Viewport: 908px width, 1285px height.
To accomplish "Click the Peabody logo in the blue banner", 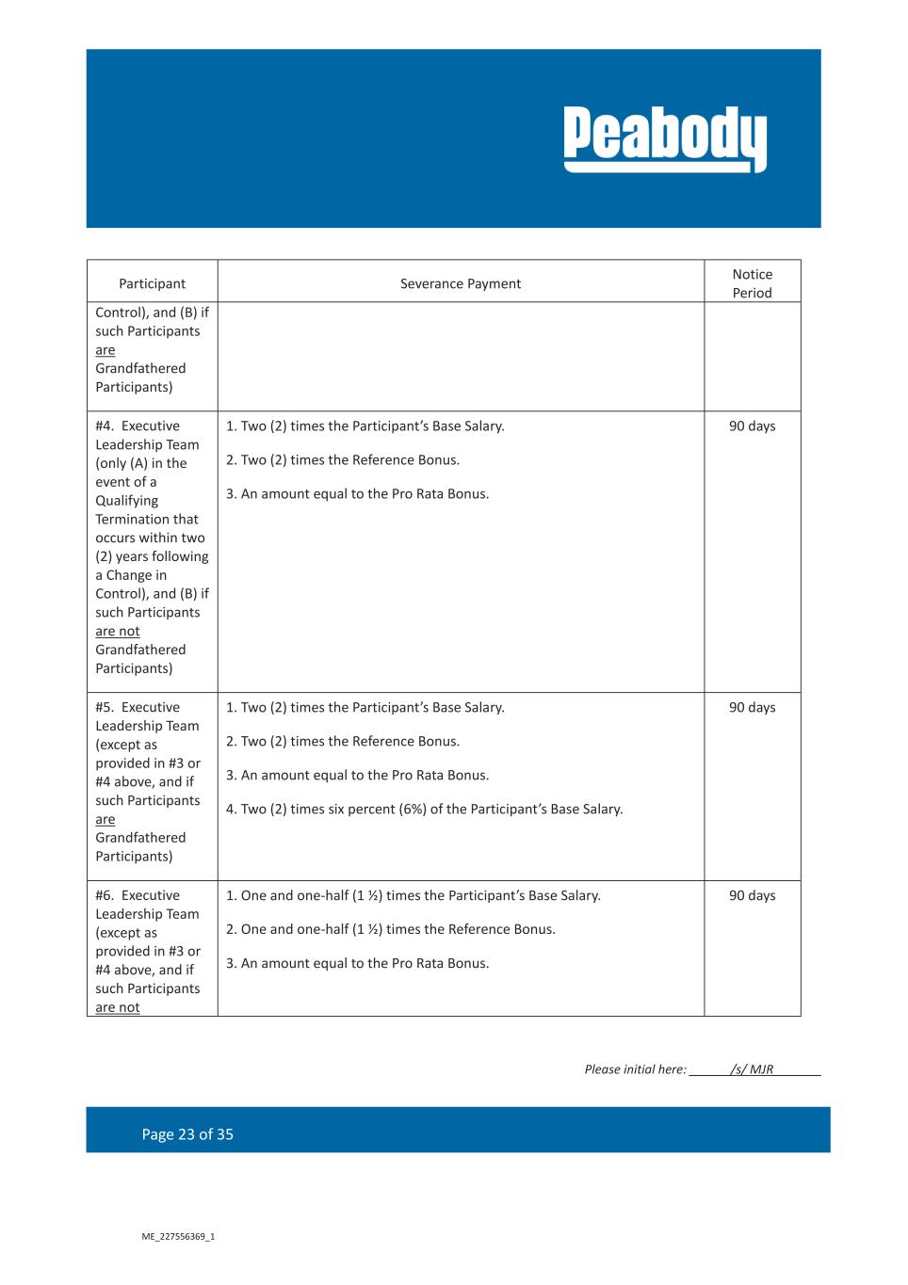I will pyautogui.click(x=665, y=138).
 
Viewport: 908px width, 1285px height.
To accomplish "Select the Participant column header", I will pyautogui.click(x=152, y=283).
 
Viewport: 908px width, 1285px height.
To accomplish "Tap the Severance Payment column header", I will pyautogui.click(x=460, y=283).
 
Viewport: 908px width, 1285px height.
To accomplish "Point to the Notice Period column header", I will pyautogui.click(x=752, y=283).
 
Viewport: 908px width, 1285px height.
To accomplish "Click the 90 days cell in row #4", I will pyautogui.click(x=752, y=426).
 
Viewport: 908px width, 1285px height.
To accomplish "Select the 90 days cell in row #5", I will pyautogui.click(x=752, y=708).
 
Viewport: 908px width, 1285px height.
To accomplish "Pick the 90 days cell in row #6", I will pyautogui.click(x=752, y=895).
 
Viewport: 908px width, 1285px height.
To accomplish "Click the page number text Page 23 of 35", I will pyautogui.click(x=187, y=1134).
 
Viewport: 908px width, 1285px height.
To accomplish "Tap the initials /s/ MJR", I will pyautogui.click(x=752, y=1069).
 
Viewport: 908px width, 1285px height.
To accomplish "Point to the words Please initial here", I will pyautogui.click(x=634, y=1069).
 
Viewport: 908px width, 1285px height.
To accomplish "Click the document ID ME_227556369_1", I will pyautogui.click(x=178, y=1236).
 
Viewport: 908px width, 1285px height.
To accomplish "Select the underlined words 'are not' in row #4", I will pyautogui.click(x=117, y=632).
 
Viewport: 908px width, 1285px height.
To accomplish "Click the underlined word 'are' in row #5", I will pyautogui.click(x=105, y=819).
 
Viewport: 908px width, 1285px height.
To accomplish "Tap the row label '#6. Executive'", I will pyautogui.click(x=138, y=895).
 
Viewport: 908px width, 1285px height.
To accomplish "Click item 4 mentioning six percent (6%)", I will pyautogui.click(x=424, y=810).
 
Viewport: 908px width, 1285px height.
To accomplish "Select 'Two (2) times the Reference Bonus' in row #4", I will pyautogui.click(x=343, y=460).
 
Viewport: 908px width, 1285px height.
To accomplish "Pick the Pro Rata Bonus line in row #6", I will pyautogui.click(x=357, y=963).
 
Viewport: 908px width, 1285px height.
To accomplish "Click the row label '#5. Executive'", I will pyautogui.click(x=138, y=708).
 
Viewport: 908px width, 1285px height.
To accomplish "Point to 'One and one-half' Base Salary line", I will pyautogui.click(x=413, y=895).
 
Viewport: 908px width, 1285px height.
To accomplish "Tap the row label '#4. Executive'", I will pyautogui.click(x=138, y=426).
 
